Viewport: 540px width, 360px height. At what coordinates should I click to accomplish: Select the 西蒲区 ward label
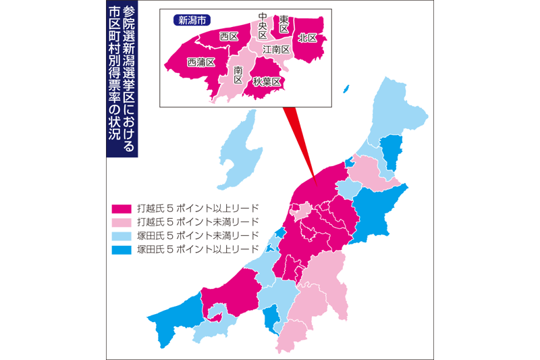(200, 62)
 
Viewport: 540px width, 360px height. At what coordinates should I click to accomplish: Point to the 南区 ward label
(238, 74)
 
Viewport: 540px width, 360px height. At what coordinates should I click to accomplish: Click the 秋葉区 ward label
(267, 81)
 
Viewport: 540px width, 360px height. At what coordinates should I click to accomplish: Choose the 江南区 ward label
(276, 50)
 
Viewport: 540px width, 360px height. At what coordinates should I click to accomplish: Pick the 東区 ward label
(284, 24)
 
